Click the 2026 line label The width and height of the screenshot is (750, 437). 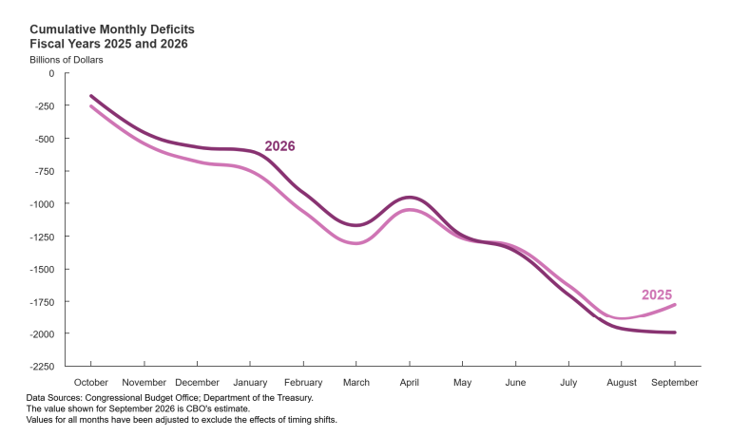279,146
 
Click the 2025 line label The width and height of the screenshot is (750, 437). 657,294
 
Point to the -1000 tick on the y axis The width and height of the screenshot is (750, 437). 42,203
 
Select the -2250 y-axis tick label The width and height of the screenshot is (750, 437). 42,367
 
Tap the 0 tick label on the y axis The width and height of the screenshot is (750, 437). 51,73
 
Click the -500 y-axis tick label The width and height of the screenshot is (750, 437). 45,139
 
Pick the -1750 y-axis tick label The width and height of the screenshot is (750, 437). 42,302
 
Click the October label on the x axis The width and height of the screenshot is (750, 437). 91,383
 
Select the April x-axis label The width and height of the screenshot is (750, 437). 410,383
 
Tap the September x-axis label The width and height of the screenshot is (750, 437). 674,383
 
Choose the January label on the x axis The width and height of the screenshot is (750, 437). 250,383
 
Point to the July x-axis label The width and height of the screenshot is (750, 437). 568,383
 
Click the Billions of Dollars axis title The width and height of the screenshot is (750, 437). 67,60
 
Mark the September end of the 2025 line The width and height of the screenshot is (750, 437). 674,305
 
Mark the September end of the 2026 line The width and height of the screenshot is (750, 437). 674,332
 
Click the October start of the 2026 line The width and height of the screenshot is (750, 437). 91,96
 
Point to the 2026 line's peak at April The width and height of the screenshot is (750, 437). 410,198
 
